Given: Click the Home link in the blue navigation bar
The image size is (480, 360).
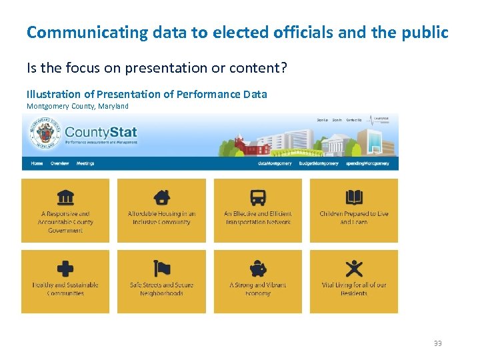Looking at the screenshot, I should point(37,163).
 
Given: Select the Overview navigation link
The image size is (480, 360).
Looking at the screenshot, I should point(59,163).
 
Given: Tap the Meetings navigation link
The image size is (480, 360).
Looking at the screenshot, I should point(85,163).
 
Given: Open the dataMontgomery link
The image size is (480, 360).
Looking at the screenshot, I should point(275,163).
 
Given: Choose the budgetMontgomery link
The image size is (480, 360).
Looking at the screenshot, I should point(319,163).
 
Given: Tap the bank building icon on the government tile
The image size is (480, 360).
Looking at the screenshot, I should point(65,197).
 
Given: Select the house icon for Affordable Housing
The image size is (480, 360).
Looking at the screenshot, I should point(161,197).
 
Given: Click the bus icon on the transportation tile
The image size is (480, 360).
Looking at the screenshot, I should point(257,197).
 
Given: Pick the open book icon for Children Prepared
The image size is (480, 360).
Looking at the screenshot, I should point(354,197).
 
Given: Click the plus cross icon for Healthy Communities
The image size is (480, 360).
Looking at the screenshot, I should point(65,269).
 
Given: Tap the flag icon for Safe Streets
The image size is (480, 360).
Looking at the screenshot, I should point(161,269).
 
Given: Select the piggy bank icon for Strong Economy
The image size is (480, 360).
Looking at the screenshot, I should point(257,269).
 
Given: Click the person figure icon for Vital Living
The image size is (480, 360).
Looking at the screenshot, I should point(354,269).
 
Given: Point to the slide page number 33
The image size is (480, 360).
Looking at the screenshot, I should point(437,343).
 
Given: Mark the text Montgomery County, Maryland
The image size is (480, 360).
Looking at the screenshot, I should point(77,106).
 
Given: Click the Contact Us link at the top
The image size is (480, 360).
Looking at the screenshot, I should point(353,120).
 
